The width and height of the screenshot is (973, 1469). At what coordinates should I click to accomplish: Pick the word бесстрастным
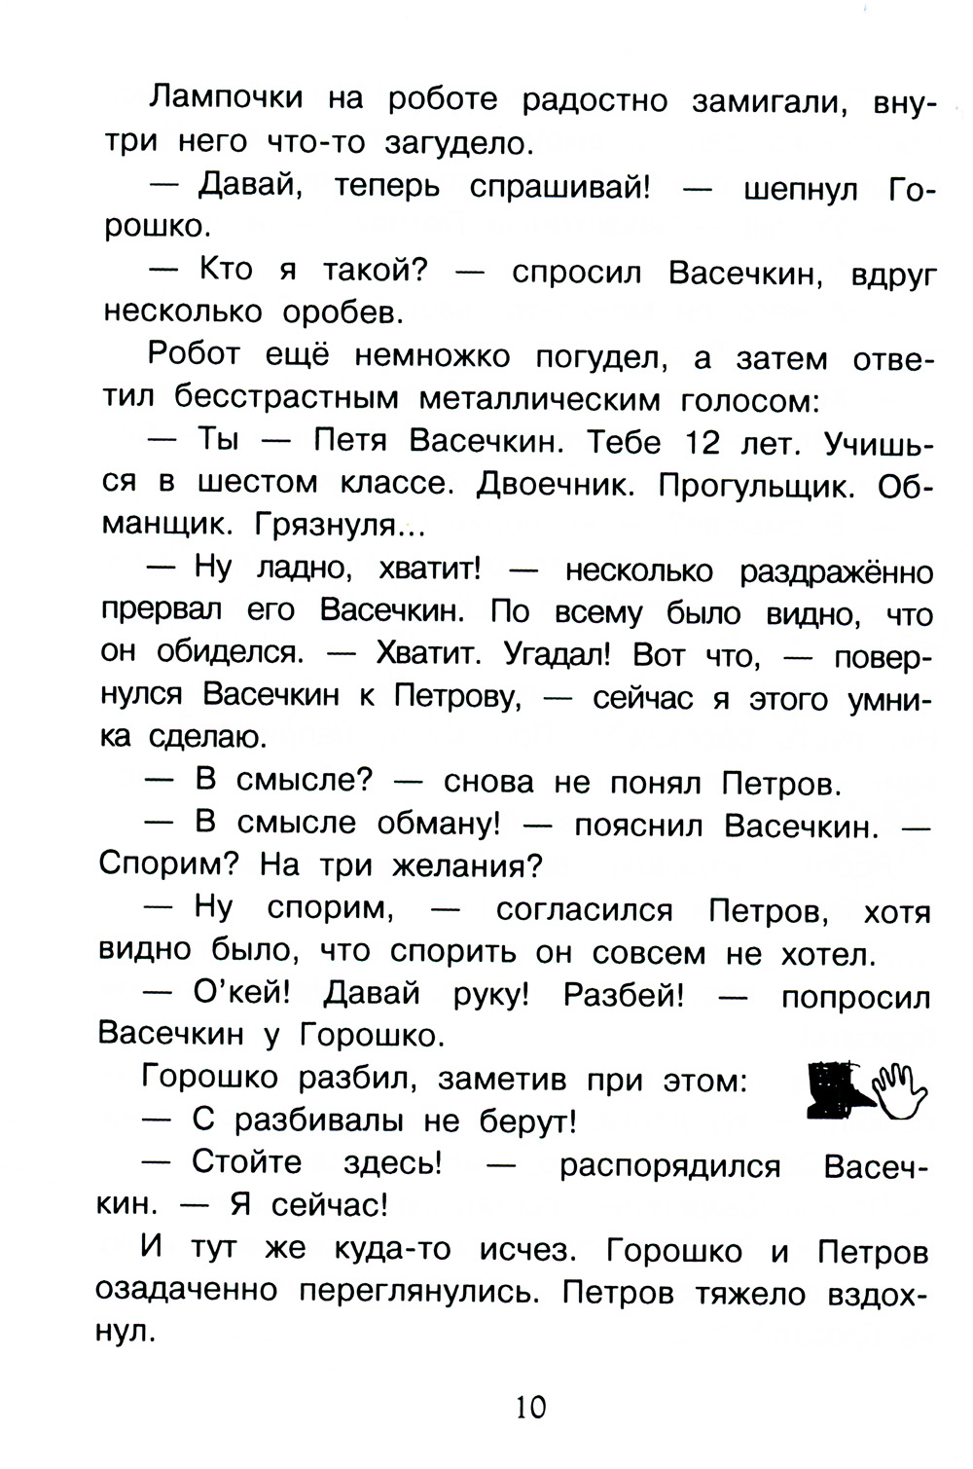(287, 398)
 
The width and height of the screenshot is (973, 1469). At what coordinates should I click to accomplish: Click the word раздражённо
(836, 570)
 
